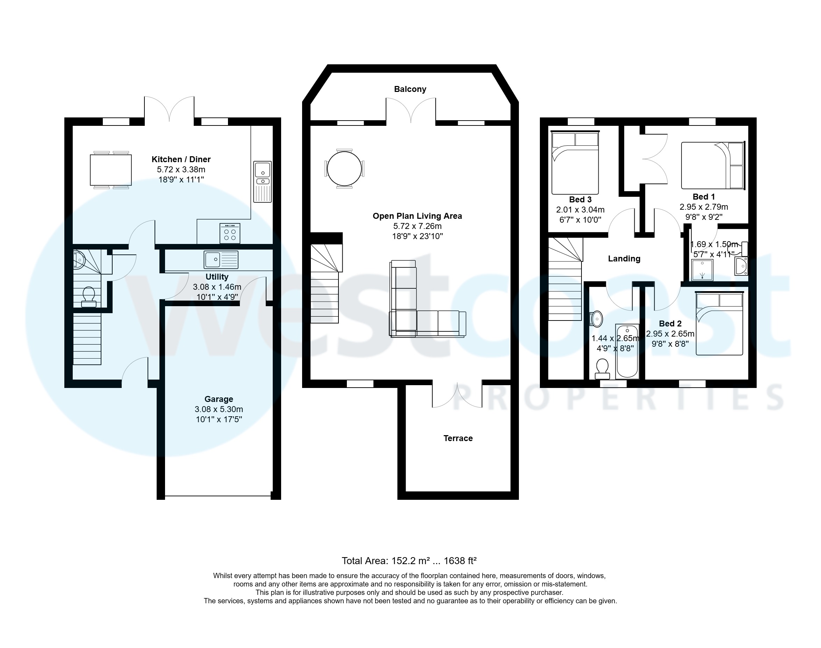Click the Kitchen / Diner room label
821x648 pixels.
[181, 159]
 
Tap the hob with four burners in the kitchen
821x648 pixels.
[230, 233]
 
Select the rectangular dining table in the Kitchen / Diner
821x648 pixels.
[111, 170]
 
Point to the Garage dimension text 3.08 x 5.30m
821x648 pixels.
[219, 409]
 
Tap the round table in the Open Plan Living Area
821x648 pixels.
[344, 168]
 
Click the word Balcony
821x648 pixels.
[410, 89]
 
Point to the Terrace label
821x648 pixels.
[458, 438]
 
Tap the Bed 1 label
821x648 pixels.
[703, 196]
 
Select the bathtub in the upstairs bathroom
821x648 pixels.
[627, 351]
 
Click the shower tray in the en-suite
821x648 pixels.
[702, 270]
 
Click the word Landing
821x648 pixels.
[624, 259]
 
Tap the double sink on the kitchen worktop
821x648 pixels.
[262, 181]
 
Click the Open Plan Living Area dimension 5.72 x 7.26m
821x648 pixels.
[417, 226]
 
